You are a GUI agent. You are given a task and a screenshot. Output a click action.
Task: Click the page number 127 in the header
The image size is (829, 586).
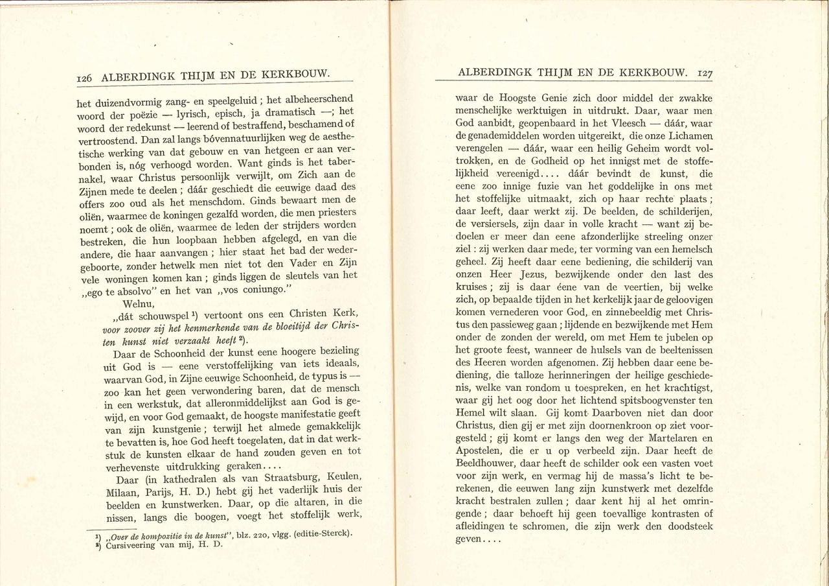point(703,73)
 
